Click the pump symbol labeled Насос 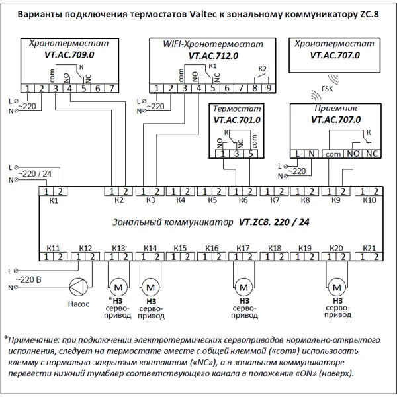[79, 287]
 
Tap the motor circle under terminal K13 [118, 287]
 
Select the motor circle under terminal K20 [337, 287]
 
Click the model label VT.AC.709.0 [69, 55]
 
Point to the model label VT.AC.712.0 [213, 56]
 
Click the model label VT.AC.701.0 [237, 120]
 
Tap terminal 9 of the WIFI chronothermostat [269, 88]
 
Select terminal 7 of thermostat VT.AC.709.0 [112, 89]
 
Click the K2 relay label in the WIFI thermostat [263, 69]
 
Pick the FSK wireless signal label [327, 89]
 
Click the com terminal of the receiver [333, 154]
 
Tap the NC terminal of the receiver [372, 154]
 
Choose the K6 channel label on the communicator [243, 200]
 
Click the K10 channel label [369, 200]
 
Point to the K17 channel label [243, 248]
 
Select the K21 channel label [369, 248]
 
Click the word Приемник [335, 109]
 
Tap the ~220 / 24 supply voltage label [34, 174]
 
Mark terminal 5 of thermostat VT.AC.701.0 [251, 154]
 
